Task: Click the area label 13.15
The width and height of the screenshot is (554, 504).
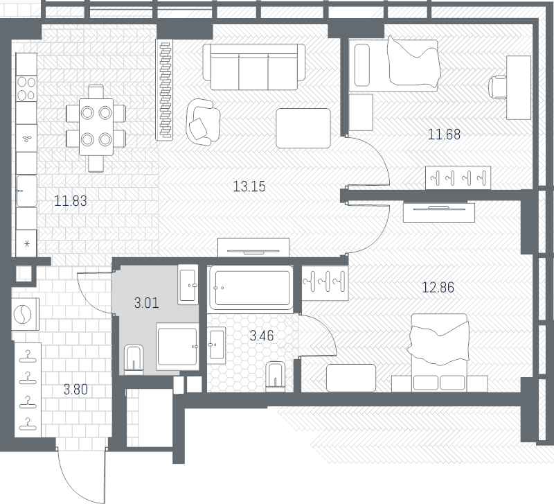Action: [x=249, y=186]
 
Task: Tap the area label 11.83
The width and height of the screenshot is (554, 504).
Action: [x=71, y=201]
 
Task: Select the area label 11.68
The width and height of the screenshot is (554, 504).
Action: [x=444, y=134]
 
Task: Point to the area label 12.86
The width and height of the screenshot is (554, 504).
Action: [x=438, y=287]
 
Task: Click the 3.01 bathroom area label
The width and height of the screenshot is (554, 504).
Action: [x=147, y=303]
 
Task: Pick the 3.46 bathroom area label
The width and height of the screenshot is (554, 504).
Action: [x=262, y=336]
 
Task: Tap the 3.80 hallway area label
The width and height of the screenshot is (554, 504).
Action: [x=75, y=390]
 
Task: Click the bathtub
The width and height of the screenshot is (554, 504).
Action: [x=251, y=288]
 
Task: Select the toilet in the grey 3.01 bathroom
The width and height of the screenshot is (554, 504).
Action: [x=134, y=359]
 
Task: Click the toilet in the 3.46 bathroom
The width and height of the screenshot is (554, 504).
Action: [x=276, y=376]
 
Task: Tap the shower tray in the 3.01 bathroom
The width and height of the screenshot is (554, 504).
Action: [x=177, y=346]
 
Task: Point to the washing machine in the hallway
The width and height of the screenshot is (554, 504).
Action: [x=25, y=314]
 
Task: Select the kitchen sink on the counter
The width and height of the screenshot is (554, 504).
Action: [x=26, y=191]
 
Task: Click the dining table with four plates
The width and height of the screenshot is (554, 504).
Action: [x=96, y=127]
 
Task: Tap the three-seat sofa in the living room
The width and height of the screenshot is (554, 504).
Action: [x=253, y=67]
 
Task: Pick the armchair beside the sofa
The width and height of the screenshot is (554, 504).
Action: [x=203, y=122]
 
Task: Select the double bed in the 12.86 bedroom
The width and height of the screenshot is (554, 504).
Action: [x=439, y=353]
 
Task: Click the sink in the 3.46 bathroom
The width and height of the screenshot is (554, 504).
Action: [x=216, y=345]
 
